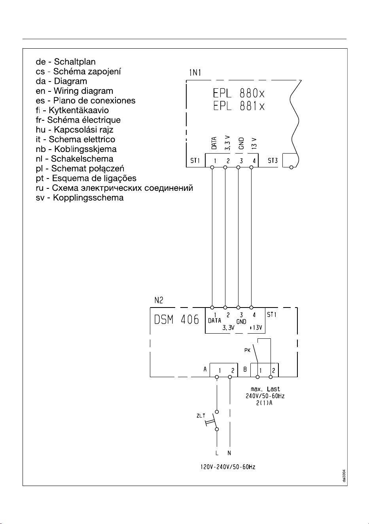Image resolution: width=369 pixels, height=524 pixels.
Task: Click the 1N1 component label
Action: (x=195, y=73)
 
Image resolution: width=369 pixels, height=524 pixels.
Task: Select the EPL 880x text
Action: (x=239, y=93)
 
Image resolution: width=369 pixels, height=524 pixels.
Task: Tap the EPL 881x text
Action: (x=239, y=106)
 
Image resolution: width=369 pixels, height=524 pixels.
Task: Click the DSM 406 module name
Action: (x=176, y=319)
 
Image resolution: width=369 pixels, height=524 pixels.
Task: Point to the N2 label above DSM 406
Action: (x=159, y=300)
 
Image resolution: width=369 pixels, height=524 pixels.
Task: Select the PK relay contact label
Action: (x=247, y=350)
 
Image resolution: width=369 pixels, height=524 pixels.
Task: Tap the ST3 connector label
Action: (x=272, y=160)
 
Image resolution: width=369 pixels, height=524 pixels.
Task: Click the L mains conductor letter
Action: (x=217, y=453)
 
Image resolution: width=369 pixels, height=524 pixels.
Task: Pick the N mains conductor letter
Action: (x=229, y=453)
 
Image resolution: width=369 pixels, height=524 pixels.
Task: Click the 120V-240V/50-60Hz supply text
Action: (x=228, y=467)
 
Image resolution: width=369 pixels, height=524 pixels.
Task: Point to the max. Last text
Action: (x=265, y=389)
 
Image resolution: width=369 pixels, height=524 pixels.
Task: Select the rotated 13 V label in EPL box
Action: (x=254, y=143)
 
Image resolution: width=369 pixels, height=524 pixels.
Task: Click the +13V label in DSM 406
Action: (x=255, y=328)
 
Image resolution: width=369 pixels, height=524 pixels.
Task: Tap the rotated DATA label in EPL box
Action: (x=214, y=143)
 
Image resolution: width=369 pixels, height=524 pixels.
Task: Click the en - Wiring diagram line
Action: (x=74, y=91)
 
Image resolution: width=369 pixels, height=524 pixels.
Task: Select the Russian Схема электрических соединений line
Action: (x=114, y=188)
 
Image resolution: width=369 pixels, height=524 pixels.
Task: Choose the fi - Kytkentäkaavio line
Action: (x=72, y=110)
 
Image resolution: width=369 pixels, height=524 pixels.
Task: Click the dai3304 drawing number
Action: (x=344, y=476)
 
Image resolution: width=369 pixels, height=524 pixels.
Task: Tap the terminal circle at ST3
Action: (x=291, y=167)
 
